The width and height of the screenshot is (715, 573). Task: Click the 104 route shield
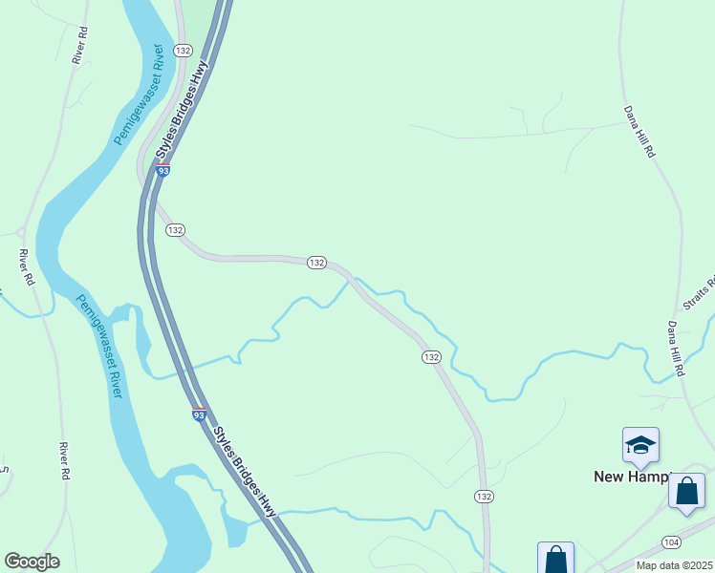(671, 542)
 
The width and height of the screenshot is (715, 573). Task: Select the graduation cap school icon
(640, 445)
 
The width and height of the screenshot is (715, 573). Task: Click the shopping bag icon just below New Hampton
(686, 492)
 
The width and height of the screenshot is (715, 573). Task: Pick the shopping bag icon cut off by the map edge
(555, 560)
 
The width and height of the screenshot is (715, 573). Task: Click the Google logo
(32, 562)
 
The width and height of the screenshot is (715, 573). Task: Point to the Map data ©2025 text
(674, 565)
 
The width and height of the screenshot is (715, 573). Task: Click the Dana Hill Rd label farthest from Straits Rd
(639, 132)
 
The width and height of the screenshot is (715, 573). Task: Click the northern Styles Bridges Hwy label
(183, 113)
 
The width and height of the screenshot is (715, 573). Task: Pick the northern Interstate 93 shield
(163, 170)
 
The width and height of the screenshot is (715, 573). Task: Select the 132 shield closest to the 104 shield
(484, 497)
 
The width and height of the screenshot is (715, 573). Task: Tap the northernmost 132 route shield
(184, 50)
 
